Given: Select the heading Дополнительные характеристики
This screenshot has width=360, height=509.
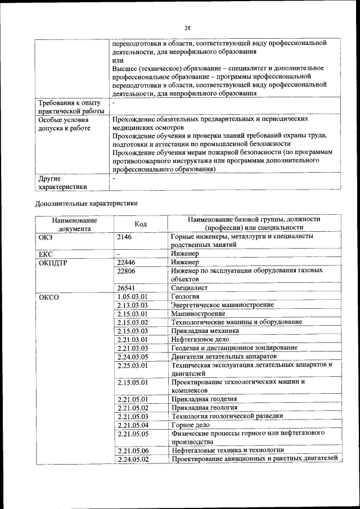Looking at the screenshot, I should coord(86,203).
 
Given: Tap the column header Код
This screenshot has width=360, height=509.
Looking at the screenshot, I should coord(141,224).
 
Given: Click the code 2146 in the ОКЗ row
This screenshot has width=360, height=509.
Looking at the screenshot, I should coord(124,237).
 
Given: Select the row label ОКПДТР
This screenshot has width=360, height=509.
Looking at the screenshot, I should coord(53,263).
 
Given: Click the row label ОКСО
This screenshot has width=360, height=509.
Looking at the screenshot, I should coord(49,296).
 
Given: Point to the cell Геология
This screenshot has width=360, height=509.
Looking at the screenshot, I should coord(186,296).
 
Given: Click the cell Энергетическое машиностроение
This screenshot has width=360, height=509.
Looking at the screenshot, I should coord(223,305).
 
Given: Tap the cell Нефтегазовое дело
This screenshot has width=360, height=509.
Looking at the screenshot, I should coord(200,339).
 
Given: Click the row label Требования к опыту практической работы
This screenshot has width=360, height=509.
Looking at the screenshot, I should coord(69,107).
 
